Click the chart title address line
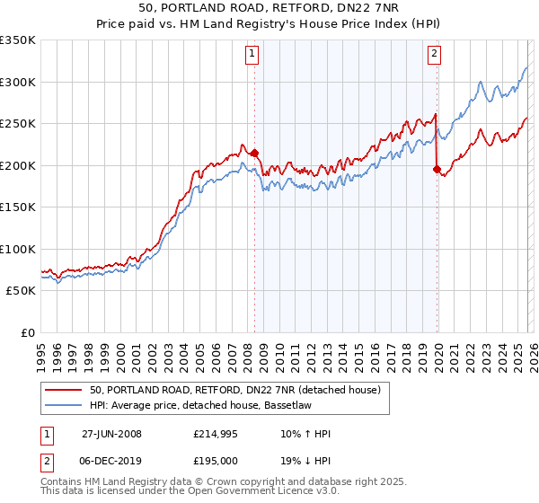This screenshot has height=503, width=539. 269,6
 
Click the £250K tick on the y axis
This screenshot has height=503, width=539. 18,124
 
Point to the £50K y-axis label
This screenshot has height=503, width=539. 21,291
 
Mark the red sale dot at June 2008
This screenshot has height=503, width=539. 254,154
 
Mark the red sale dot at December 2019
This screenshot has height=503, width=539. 437,170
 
